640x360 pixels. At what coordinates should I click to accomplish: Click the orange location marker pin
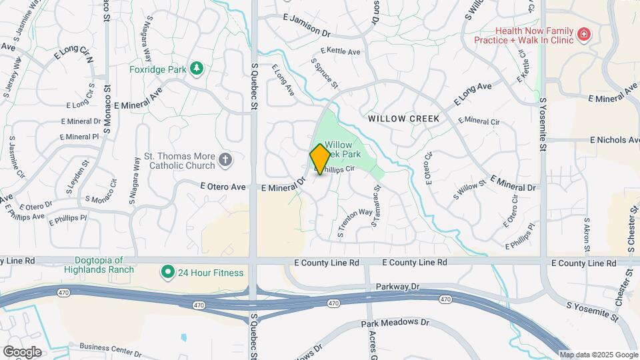(320, 159)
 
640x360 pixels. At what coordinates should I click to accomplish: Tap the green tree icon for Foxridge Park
(196, 68)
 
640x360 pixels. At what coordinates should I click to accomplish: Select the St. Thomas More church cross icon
(225, 159)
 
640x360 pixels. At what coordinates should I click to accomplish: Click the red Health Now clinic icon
(584, 34)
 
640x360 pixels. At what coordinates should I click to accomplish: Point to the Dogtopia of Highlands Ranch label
(99, 265)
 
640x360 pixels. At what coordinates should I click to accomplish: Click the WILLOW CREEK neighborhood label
(403, 119)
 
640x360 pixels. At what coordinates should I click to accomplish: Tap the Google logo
(22, 351)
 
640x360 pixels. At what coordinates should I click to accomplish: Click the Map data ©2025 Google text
(599, 355)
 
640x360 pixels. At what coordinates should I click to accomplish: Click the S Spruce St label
(325, 73)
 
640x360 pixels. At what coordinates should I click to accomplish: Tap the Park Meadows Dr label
(395, 323)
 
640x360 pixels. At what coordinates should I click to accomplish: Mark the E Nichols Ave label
(614, 140)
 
